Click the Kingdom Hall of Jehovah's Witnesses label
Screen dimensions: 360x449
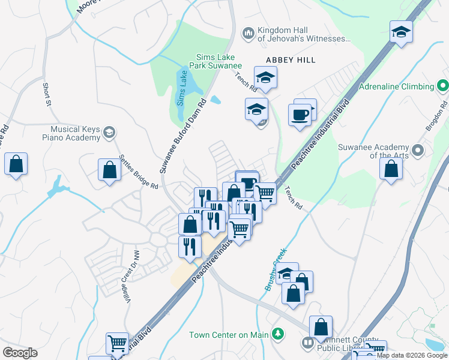[x=303, y=35]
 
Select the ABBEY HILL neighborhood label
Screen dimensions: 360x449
[x=291, y=61]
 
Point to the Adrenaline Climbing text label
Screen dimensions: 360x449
[x=396, y=86]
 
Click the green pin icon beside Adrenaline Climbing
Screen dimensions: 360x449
[x=442, y=86]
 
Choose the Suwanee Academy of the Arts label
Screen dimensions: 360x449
[x=373, y=151]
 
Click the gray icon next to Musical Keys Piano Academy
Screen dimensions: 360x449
[x=109, y=133]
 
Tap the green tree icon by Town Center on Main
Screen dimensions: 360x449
[x=277, y=334]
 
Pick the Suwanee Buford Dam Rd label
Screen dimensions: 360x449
[x=184, y=135]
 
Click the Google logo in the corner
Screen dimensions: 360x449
[x=20, y=353]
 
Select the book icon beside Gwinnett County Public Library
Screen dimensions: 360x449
[x=307, y=343]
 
